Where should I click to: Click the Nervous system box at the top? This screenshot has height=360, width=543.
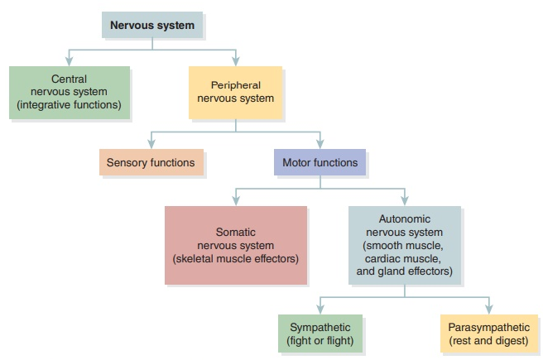tap(152, 25)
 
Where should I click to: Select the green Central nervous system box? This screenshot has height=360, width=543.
tap(69, 93)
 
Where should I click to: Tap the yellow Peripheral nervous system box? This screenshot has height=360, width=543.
tap(235, 92)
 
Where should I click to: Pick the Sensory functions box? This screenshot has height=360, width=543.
tap(150, 162)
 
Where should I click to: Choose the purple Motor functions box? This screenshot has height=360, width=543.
tap(320, 162)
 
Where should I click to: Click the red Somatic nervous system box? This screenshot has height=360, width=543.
tap(235, 246)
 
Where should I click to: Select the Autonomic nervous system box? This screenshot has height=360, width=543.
tap(404, 245)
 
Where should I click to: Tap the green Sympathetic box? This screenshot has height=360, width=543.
tap(320, 334)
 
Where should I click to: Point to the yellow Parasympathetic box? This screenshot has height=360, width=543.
tap(488, 334)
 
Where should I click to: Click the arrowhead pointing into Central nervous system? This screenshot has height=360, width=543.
tap(69, 62)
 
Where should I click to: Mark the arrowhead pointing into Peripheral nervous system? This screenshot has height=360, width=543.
tap(235, 62)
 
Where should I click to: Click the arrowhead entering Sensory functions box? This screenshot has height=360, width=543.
tap(150, 144)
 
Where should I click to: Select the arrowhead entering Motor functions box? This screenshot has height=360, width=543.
tap(320, 144)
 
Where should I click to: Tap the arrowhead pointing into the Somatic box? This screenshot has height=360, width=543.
tap(235, 201)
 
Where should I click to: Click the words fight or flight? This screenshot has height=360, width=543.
tap(320, 340)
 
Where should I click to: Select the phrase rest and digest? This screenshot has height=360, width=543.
tap(488, 340)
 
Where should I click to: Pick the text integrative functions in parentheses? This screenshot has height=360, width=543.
tap(69, 105)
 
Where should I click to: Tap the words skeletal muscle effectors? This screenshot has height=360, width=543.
tap(235, 258)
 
